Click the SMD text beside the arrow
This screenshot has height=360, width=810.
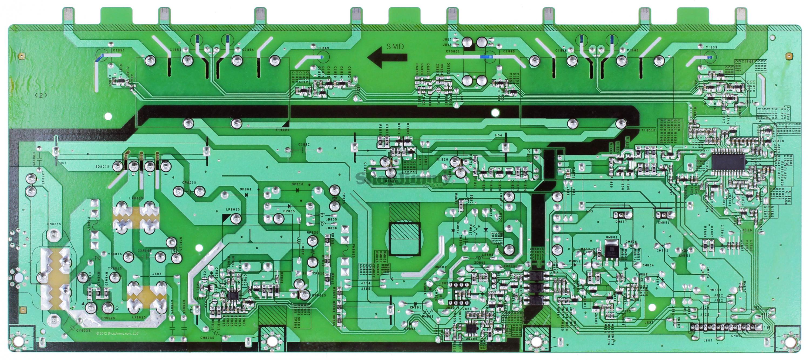click(395, 47)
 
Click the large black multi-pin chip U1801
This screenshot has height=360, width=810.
click(728, 161)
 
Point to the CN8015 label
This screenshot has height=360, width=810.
click(54, 224)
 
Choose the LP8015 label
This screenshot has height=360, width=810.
click(233, 209)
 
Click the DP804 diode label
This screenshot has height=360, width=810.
click(246, 189)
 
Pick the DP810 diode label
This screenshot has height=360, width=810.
click(298, 184)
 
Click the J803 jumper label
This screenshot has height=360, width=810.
click(156, 274)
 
